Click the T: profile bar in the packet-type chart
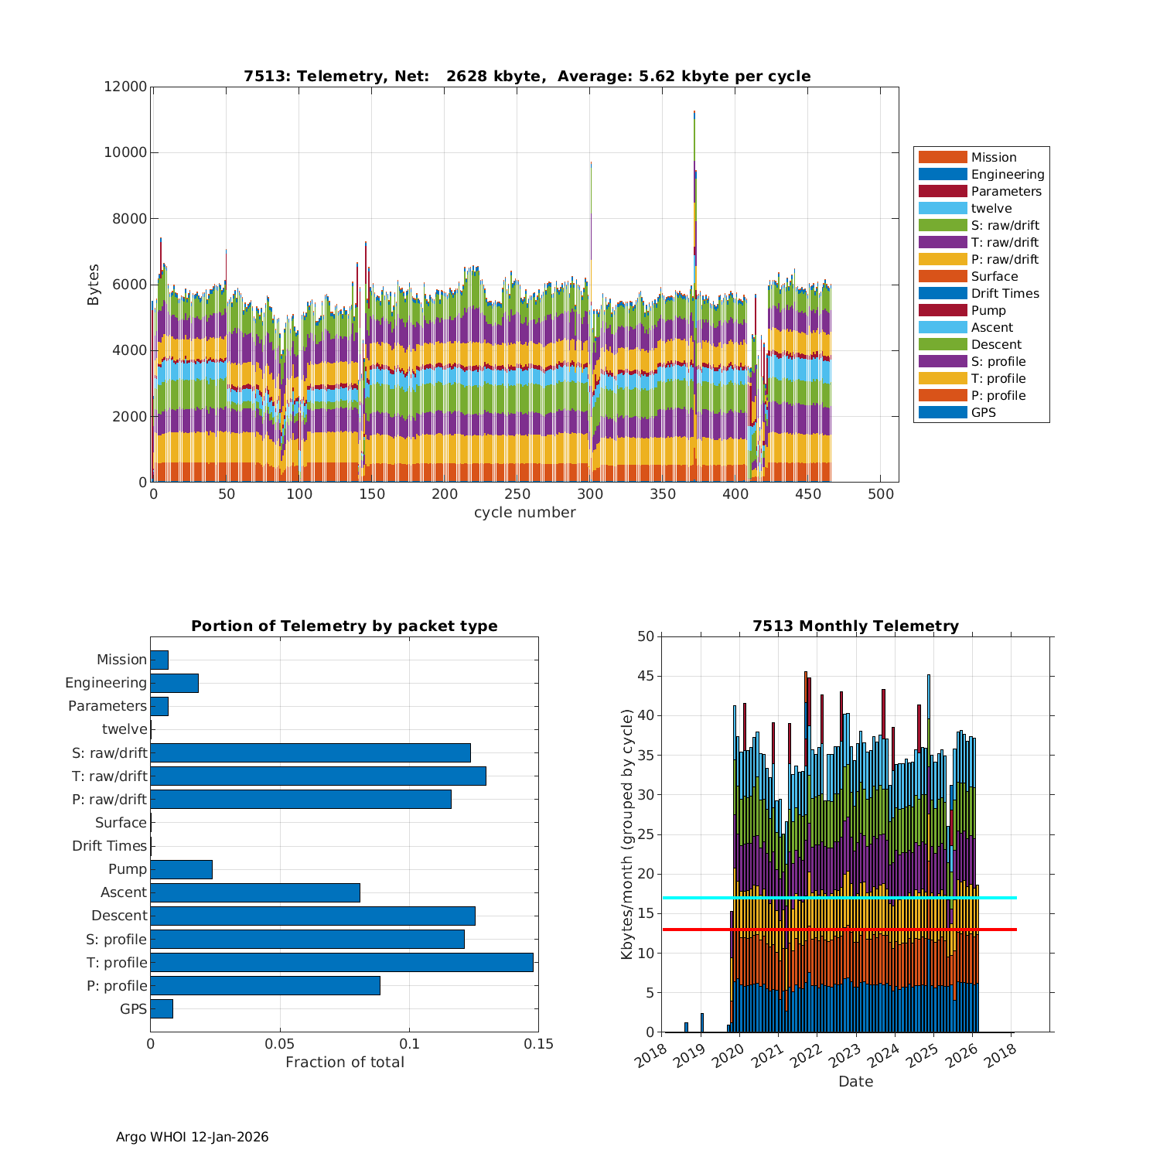click(x=341, y=962)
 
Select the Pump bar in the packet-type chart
click(x=181, y=869)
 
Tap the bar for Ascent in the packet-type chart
click(x=255, y=892)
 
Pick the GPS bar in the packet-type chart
click(x=162, y=1008)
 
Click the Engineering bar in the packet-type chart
click(x=174, y=683)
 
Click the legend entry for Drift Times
click(x=1005, y=293)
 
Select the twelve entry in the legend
click(x=991, y=208)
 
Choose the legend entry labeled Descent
click(x=996, y=344)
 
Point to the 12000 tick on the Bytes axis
click(x=125, y=87)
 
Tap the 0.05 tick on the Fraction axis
click(x=280, y=1044)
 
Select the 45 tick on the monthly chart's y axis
click(x=646, y=676)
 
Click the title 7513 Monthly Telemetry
click(x=855, y=626)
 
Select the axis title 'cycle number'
click(x=524, y=513)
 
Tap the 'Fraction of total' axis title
click(x=344, y=1062)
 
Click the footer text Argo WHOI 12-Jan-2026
click(x=192, y=1137)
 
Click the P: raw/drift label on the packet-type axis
click(x=109, y=799)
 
